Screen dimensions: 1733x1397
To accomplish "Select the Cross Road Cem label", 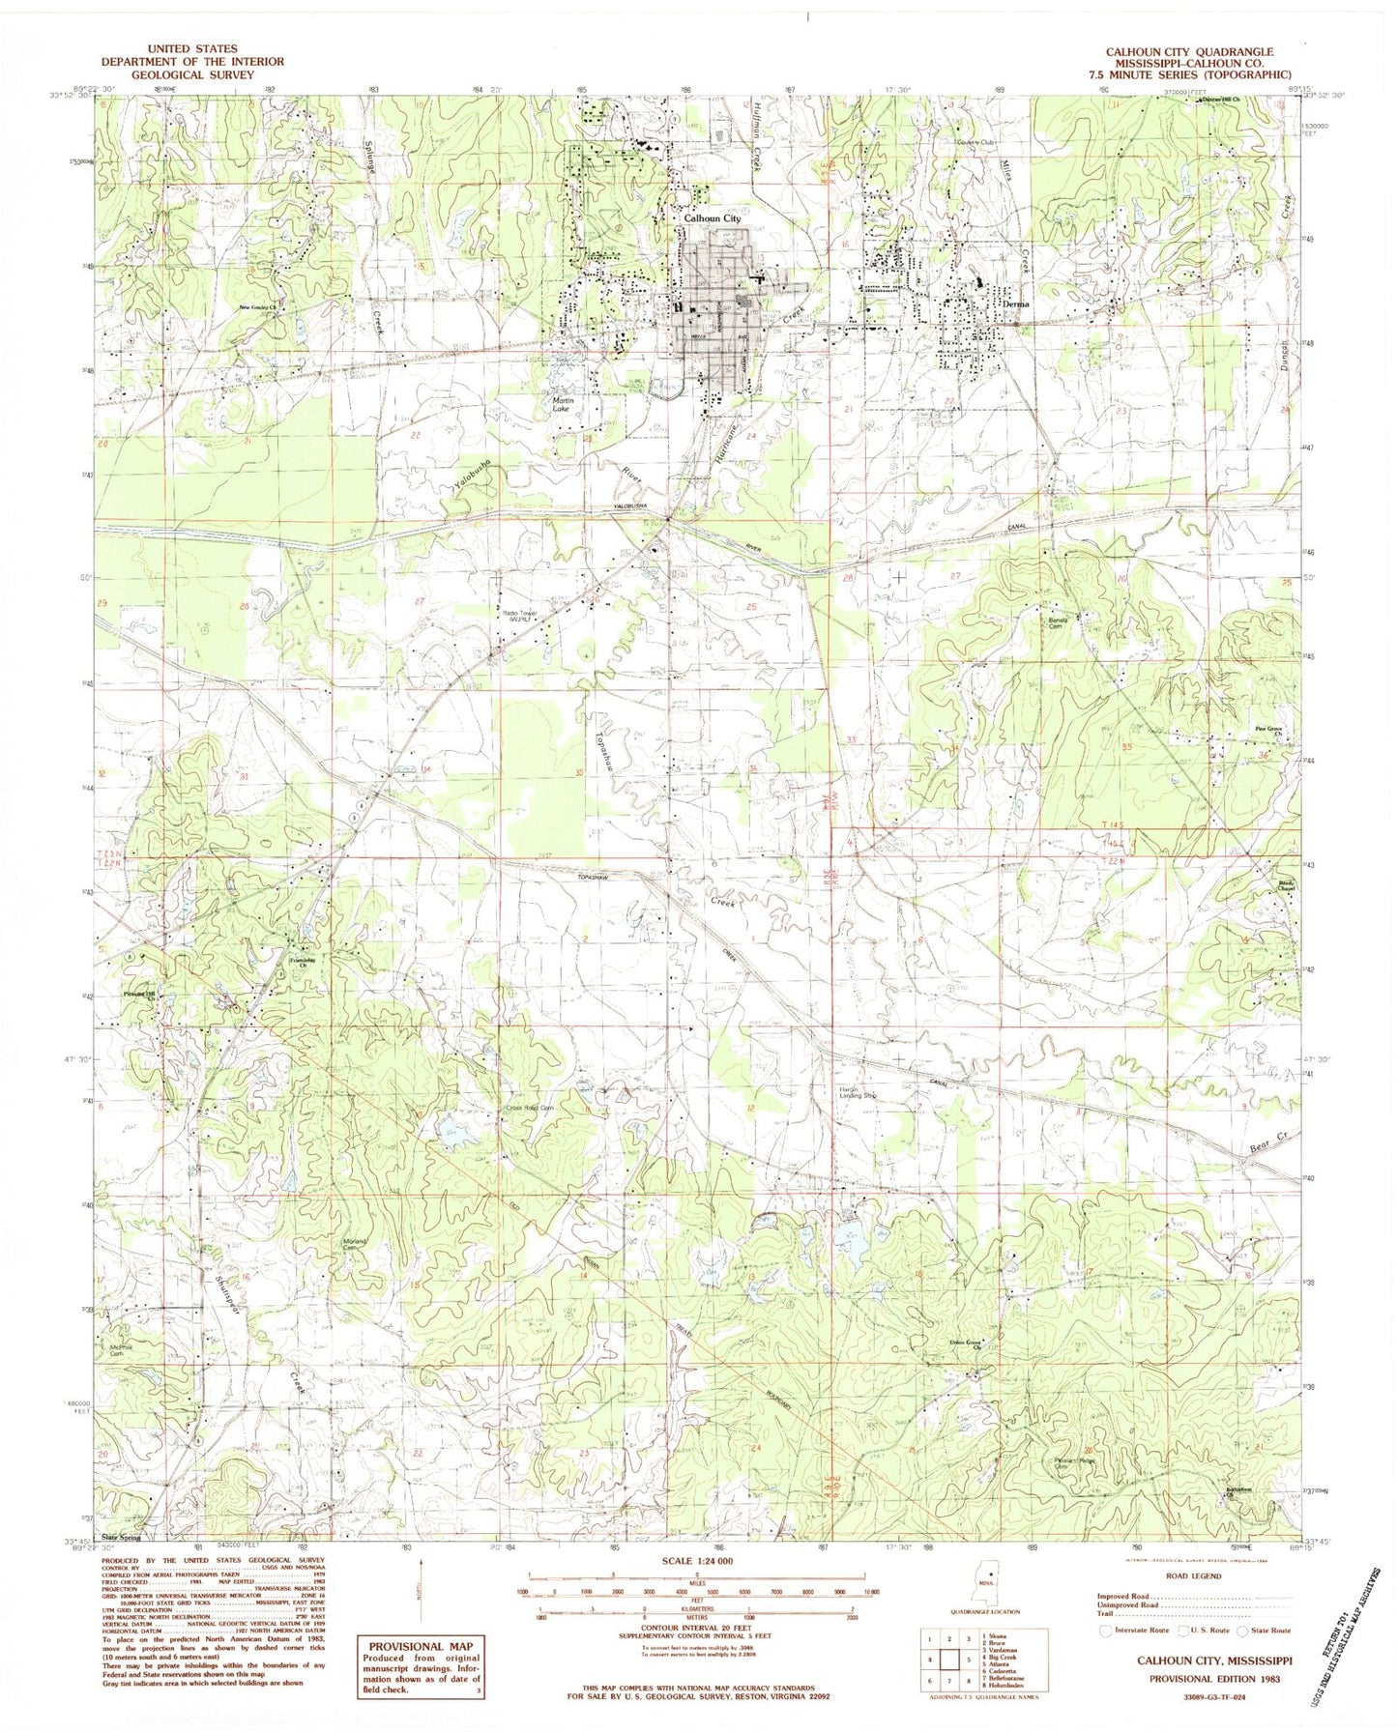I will tap(528, 1108).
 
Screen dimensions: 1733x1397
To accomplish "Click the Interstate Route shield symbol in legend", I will tap(1106, 1631).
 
